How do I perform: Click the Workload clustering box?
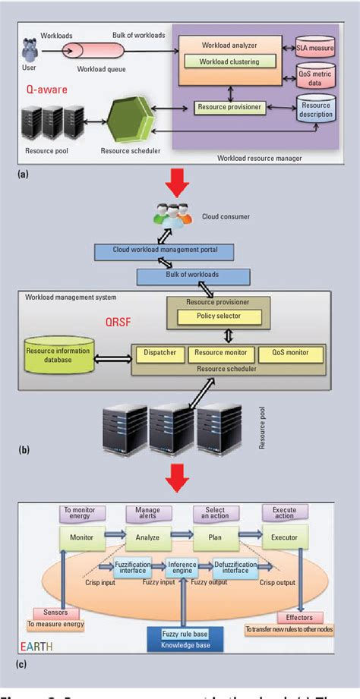[x=228, y=61]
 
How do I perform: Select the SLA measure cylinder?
[x=314, y=49]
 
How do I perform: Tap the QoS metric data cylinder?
[x=314, y=77]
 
